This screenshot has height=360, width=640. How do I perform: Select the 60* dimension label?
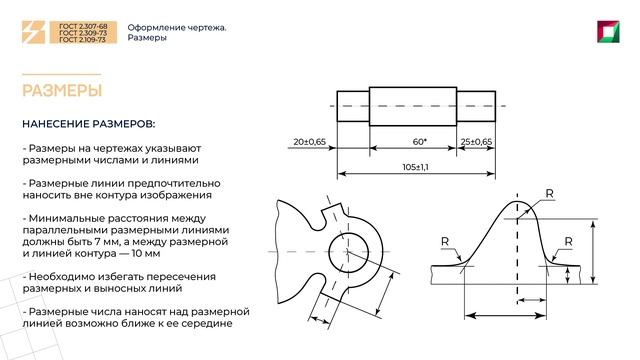click(418, 142)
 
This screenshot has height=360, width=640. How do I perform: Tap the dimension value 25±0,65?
click(477, 142)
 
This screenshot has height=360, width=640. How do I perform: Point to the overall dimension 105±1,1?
click(416, 166)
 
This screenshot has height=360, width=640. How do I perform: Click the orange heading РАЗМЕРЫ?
click(62, 91)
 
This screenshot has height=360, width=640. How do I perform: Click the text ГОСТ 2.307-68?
click(82, 27)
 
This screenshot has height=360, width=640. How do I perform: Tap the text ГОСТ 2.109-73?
click(82, 42)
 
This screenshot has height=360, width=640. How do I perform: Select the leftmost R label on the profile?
click(444, 241)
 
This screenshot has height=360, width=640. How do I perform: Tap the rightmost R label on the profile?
click(568, 241)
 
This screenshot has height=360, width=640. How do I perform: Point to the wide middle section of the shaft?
click(413, 105)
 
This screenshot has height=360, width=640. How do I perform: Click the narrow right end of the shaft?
click(476, 105)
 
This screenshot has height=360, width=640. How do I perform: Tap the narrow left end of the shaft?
click(352, 105)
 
